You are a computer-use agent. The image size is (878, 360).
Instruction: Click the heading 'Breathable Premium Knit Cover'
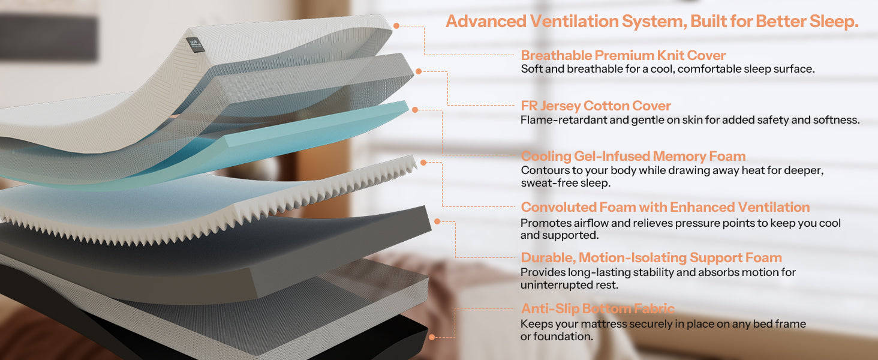pyautogui.click(x=623, y=55)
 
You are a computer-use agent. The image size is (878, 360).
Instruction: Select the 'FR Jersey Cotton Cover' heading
pyautogui.click(x=596, y=106)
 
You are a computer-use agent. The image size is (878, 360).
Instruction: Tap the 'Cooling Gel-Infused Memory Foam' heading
pyautogui.click(x=633, y=156)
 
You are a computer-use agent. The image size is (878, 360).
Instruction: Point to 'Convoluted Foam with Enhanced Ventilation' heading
pyautogui.click(x=665, y=206)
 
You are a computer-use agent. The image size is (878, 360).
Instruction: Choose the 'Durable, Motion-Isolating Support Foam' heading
pyautogui.click(x=651, y=257)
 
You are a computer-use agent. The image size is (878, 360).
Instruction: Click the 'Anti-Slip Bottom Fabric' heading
pyautogui.click(x=598, y=308)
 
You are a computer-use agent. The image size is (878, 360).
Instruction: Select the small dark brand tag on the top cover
pyautogui.click(x=194, y=44)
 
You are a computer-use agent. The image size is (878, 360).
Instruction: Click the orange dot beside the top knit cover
pyautogui.click(x=396, y=26)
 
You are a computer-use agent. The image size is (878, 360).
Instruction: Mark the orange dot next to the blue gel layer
pyautogui.click(x=415, y=110)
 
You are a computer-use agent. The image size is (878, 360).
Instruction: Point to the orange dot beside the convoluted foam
pyautogui.click(x=423, y=163)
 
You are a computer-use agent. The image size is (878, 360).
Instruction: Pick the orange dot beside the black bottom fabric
pyautogui.click(x=432, y=337)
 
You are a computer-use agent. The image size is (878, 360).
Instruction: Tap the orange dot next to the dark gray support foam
pyautogui.click(x=437, y=221)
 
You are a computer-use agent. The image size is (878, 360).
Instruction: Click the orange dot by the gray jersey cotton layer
pyautogui.click(x=419, y=71)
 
